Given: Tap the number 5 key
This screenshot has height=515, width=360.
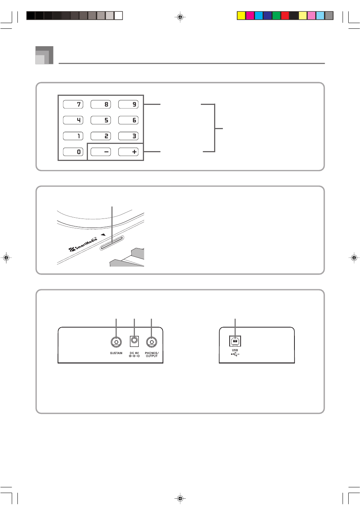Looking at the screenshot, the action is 100,120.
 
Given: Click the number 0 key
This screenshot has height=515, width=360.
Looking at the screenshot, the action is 73,152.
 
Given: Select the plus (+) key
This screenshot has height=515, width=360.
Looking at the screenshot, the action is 128,152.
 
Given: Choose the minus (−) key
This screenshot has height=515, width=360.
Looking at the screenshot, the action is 100,152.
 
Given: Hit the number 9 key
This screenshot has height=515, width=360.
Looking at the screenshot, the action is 128,104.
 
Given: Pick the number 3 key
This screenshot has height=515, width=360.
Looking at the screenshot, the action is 128,136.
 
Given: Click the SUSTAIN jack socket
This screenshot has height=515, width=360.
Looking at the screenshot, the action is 116,342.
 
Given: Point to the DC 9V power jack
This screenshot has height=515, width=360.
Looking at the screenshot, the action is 134,341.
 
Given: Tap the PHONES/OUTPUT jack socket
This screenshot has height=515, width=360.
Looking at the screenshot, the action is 152,342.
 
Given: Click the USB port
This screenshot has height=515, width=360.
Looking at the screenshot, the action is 235,341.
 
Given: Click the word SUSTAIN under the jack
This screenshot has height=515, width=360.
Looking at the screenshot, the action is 116,353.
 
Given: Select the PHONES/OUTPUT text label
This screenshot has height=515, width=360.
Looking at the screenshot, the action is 152,354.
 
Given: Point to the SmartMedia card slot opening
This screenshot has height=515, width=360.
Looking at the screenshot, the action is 112,243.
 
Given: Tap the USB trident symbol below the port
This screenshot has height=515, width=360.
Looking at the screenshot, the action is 235,354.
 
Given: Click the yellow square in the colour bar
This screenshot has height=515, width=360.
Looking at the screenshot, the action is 241,16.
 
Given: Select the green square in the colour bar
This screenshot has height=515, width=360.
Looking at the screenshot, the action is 276,16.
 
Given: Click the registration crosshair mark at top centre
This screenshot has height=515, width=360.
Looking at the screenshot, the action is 180,17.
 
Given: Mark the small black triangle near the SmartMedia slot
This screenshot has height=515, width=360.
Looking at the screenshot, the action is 103,235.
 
